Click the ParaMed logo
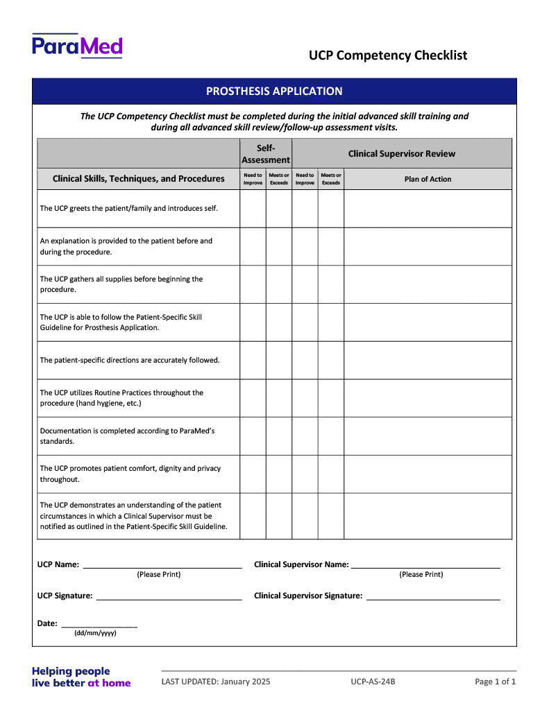(77, 46)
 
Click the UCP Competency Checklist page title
(388, 55)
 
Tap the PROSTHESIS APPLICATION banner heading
(274, 91)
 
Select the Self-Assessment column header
(266, 154)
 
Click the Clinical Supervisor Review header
(402, 154)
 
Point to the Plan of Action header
(428, 179)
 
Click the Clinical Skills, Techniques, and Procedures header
(139, 179)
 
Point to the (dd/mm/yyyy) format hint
(95, 633)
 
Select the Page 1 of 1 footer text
(496, 682)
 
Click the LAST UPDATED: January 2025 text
(216, 682)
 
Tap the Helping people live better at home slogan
(81, 677)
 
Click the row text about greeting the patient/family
(129, 208)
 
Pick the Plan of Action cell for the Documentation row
(428, 435)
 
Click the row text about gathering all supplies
(121, 284)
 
